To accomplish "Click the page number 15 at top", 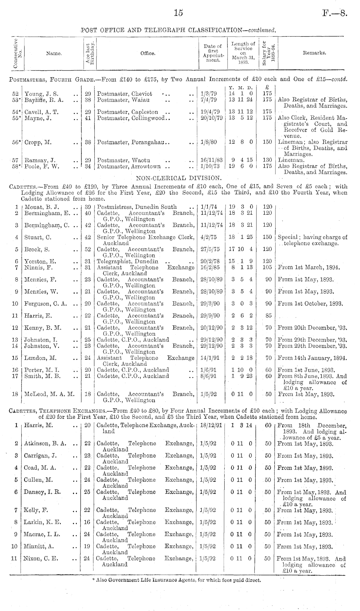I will [178, 13].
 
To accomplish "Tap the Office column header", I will [148, 53].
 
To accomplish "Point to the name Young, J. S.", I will [41, 94].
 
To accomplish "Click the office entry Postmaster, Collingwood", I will [134, 118].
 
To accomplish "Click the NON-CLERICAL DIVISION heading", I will [179, 178].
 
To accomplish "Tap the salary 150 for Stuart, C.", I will [267, 237].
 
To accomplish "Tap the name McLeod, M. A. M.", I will [49, 394].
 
